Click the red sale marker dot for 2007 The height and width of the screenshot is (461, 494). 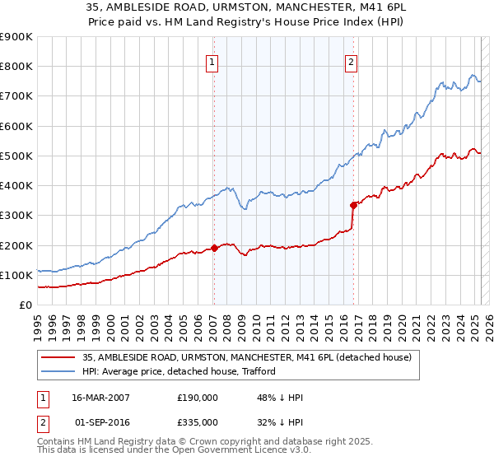pyautogui.click(x=214, y=247)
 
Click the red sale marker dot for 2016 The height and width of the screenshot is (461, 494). pyautogui.click(x=353, y=204)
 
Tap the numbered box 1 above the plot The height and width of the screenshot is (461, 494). pyautogui.click(x=212, y=61)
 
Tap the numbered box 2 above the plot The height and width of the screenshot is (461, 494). pyautogui.click(x=352, y=61)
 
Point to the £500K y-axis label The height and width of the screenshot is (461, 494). pyautogui.click(x=16, y=156)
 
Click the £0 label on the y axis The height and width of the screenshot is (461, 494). pyautogui.click(x=26, y=305)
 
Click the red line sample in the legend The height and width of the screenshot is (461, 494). pyautogui.click(x=58, y=357)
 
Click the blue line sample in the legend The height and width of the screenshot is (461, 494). pyautogui.click(x=58, y=371)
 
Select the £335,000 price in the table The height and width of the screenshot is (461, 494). pyautogui.click(x=198, y=422)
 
